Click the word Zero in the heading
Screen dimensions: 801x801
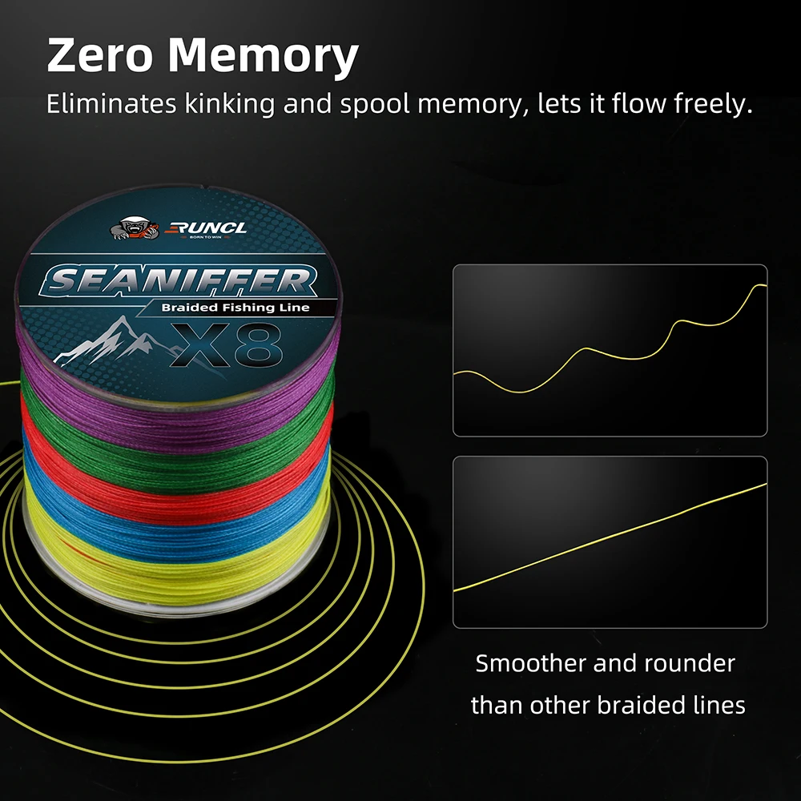[100, 57]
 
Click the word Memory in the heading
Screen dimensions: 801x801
[264, 57]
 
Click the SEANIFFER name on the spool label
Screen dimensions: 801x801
[177, 280]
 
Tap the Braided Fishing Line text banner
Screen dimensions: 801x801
[235, 308]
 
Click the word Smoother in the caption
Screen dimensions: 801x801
[529, 663]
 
